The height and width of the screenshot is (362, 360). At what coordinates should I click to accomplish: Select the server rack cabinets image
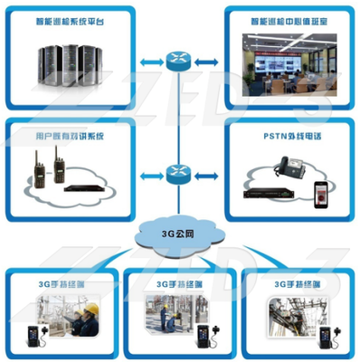[x=70, y=62]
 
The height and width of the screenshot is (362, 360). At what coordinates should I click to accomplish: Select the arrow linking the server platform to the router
[x=148, y=62]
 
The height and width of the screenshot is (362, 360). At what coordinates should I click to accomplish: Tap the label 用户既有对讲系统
[x=70, y=135]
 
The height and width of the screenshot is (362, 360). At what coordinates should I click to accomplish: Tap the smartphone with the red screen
[x=318, y=193]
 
